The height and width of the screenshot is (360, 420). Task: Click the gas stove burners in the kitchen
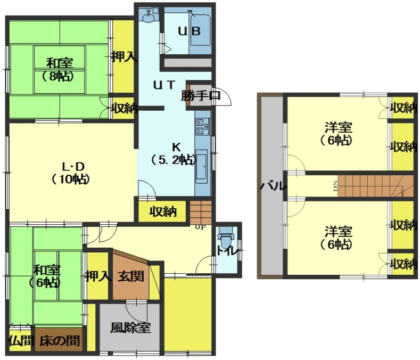pos(202,127)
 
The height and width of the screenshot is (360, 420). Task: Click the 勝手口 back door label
pos(200,95)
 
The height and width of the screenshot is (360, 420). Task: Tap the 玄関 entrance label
pos(131,276)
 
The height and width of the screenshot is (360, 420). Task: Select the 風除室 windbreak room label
pos(130,328)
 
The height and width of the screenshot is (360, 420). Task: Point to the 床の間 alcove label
pos(60,341)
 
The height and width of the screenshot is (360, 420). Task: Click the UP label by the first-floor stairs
pos(201,227)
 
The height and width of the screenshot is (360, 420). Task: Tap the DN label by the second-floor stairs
pos(335,186)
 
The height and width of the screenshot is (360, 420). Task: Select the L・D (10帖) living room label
pos(71,173)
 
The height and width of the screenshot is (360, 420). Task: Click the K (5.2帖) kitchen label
pos(174,153)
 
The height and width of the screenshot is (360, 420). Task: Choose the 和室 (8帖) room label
pos(59,70)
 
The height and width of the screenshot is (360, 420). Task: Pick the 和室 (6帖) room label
pos(46,276)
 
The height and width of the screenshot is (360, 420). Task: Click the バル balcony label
pos(273,185)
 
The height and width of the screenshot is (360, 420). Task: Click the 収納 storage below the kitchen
pos(163,212)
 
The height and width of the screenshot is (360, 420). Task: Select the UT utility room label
pos(164,85)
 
